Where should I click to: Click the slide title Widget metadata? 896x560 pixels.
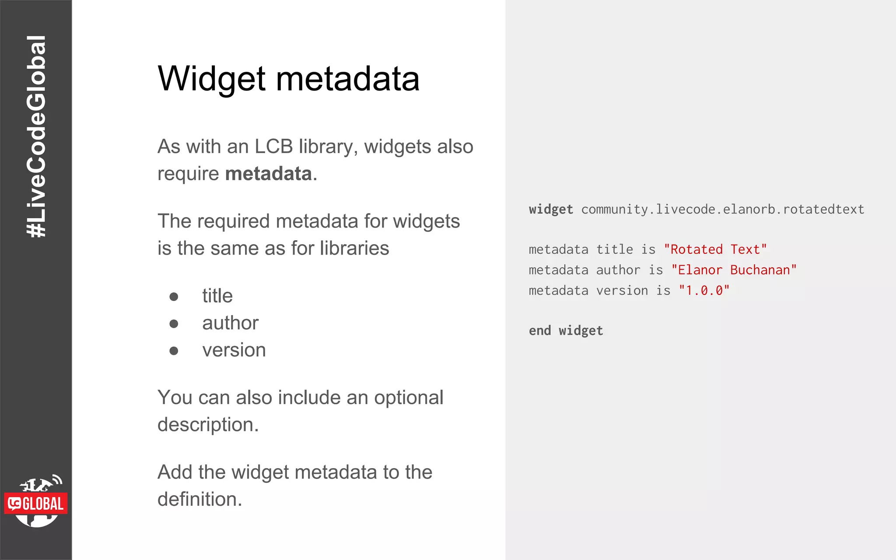tap(288, 79)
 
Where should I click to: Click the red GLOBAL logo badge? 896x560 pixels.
tap(36, 504)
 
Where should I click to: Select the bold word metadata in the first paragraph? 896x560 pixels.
tap(268, 174)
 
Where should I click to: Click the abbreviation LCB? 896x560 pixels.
tap(273, 147)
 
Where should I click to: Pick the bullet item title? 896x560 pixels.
tap(217, 296)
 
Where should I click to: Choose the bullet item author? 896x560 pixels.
tap(230, 323)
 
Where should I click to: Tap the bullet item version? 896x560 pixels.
tap(234, 350)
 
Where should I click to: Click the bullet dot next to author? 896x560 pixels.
tap(174, 324)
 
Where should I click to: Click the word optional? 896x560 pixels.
tap(408, 398)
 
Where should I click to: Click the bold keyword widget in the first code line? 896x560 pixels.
tap(551, 210)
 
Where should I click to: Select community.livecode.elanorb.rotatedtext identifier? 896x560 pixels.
tap(722, 210)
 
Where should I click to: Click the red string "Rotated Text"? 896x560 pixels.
tap(715, 250)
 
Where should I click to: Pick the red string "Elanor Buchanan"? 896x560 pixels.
tap(734, 270)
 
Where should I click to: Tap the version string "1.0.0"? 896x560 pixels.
tap(704, 291)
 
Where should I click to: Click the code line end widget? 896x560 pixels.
tap(566, 331)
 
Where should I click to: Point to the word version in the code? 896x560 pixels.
tap(622, 291)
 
